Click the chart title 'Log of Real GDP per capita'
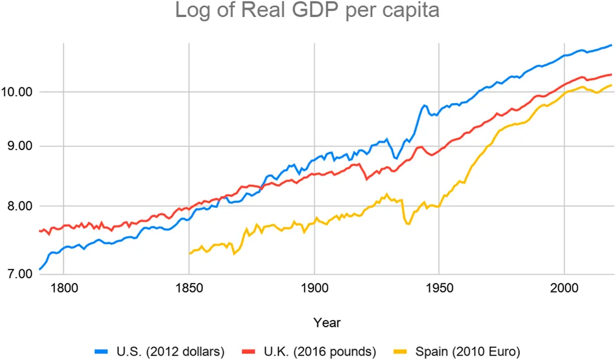[308, 12]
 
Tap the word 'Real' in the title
[263, 12]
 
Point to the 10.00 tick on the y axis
[21, 92]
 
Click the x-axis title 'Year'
[327, 322]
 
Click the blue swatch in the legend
[101, 350]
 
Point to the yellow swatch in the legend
[401, 350]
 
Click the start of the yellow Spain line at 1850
[189, 253]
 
